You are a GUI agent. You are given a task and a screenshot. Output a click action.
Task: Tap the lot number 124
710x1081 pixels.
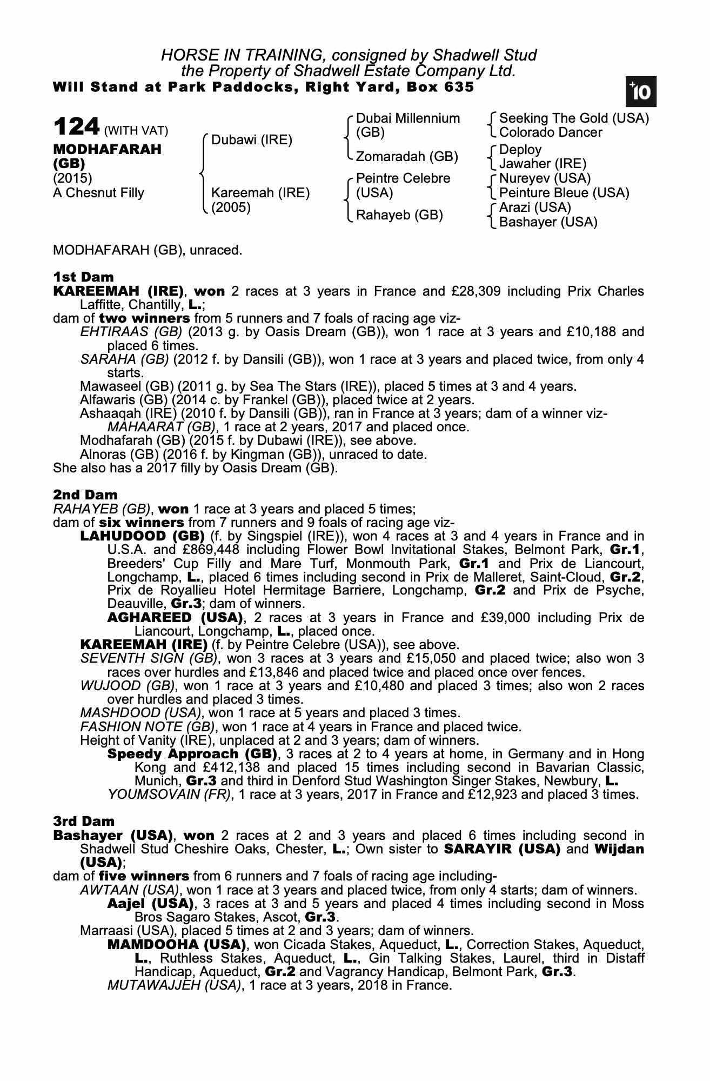pos(77,128)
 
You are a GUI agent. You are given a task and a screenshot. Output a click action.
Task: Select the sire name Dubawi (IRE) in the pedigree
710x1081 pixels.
pos(251,141)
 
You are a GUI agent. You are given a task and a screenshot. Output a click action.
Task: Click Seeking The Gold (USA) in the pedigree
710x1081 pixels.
pos(574,118)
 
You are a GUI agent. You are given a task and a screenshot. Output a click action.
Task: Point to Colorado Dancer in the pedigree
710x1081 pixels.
pos(550,132)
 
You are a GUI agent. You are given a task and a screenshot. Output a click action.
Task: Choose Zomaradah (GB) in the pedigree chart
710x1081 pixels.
pos(407,157)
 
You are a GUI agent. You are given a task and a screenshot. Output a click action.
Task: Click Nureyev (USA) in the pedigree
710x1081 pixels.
pos(545,178)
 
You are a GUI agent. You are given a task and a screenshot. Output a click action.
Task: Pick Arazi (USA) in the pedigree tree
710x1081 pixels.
pos(535,208)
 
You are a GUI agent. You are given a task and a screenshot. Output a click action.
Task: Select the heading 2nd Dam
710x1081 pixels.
pos(85,495)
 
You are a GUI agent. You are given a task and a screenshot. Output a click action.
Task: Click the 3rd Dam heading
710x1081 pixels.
pos(84,822)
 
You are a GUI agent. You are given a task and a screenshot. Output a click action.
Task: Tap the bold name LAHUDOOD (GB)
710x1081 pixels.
pos(142,536)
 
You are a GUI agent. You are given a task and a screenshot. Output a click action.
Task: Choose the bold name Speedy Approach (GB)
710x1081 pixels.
pos(193,754)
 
